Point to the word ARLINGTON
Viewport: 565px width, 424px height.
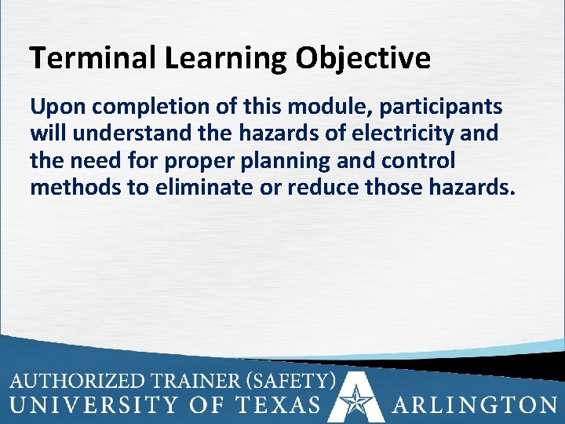(474, 405)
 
